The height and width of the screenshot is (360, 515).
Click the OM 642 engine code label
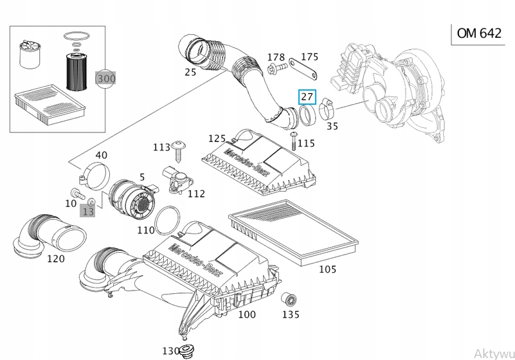point(479,33)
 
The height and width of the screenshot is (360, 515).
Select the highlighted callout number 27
point(307,96)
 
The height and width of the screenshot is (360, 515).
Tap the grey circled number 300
point(105,79)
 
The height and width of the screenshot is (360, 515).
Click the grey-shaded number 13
point(87,211)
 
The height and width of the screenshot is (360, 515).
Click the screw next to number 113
point(179,151)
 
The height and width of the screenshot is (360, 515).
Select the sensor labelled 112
point(177,179)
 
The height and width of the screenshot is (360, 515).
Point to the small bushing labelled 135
point(289,300)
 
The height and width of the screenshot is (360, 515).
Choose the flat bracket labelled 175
point(303,69)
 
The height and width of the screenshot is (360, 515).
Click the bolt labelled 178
point(277,68)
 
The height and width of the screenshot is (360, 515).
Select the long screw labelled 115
point(294,141)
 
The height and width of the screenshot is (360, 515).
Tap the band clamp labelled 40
point(95,176)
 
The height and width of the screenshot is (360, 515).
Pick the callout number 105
point(327,269)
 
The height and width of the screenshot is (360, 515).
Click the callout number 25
point(190,71)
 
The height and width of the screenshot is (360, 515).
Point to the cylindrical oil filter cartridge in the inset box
point(76,71)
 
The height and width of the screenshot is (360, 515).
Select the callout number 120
point(56,258)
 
